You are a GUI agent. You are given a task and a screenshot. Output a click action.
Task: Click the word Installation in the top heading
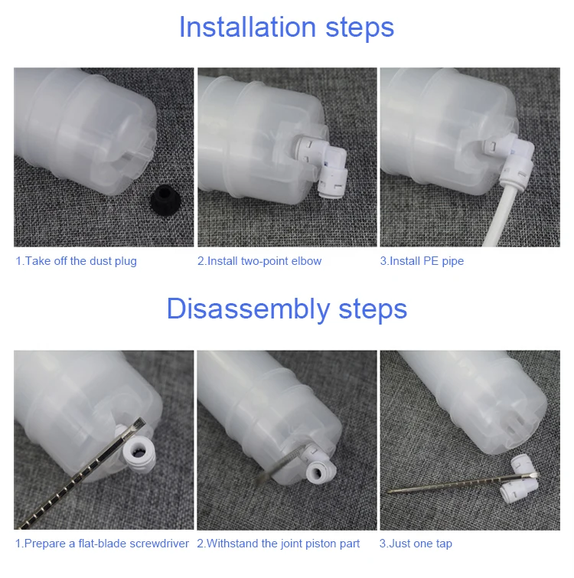click(x=247, y=28)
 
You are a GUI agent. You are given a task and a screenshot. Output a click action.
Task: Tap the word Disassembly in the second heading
click(x=248, y=309)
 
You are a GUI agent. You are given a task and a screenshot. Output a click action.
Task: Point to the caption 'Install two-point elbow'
click(x=264, y=261)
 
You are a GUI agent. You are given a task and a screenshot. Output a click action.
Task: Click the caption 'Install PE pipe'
click(x=426, y=261)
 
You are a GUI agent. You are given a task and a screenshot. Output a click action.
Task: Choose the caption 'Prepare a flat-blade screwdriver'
click(x=106, y=544)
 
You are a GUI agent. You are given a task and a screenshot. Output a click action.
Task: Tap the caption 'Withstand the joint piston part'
click(x=283, y=544)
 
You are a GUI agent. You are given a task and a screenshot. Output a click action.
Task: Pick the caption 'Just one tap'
click(x=420, y=544)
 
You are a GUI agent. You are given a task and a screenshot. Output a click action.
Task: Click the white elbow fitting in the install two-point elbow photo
click(x=325, y=162)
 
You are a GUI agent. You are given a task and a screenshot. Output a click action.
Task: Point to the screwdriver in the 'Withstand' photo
click(x=281, y=465)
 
